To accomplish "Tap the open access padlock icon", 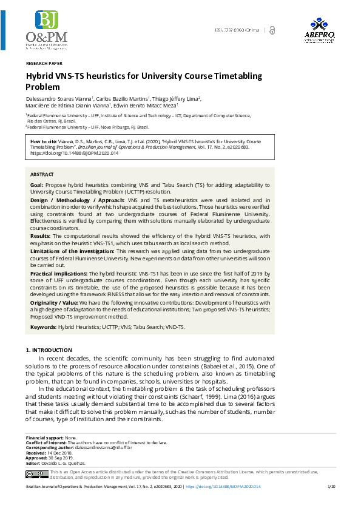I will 271,30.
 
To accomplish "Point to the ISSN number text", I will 237,30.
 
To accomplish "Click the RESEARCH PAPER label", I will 44,63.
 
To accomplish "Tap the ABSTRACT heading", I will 42,174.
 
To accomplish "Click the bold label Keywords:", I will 42,327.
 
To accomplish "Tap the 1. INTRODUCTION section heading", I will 49,351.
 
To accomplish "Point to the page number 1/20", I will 331,504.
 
